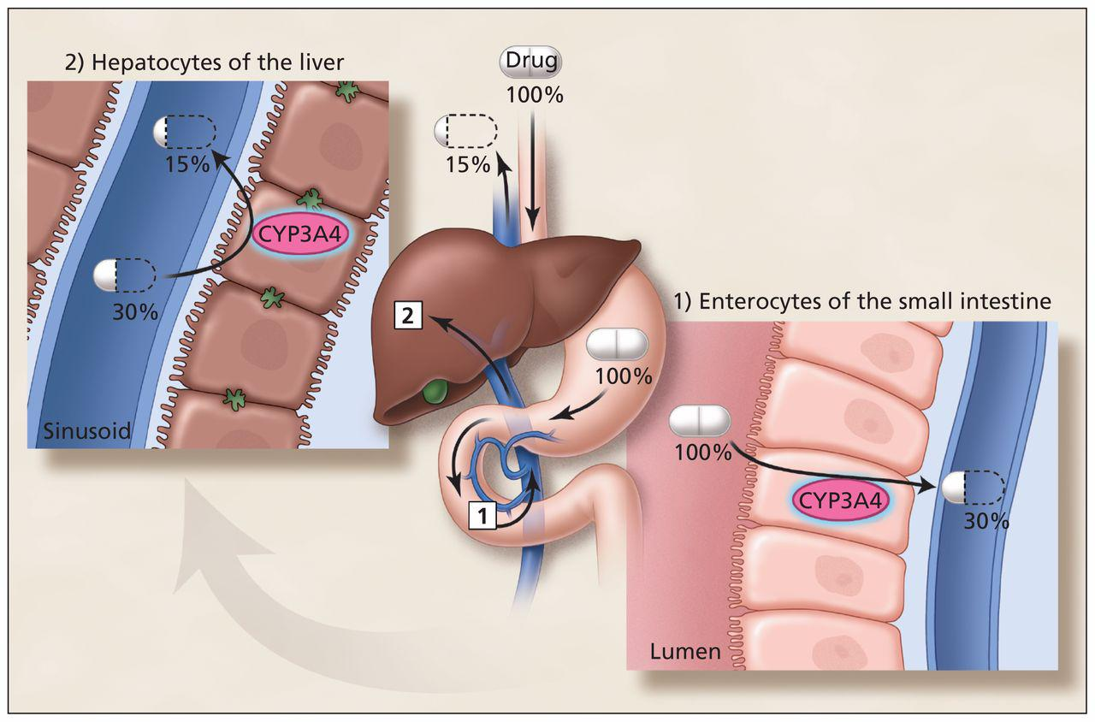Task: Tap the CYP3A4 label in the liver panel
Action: pos(300,234)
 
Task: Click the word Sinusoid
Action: pos(83,431)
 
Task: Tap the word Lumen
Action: pos(685,653)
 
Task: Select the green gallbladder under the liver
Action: pos(438,393)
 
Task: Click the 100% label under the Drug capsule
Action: pos(535,94)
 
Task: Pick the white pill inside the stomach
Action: pos(617,344)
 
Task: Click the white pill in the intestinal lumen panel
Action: pos(700,421)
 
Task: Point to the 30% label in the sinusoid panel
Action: pos(135,312)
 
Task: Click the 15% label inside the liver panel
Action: pos(186,164)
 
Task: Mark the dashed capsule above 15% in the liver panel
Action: pos(185,133)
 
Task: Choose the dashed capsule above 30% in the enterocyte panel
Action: pos(972,488)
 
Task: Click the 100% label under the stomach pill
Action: pos(624,375)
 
